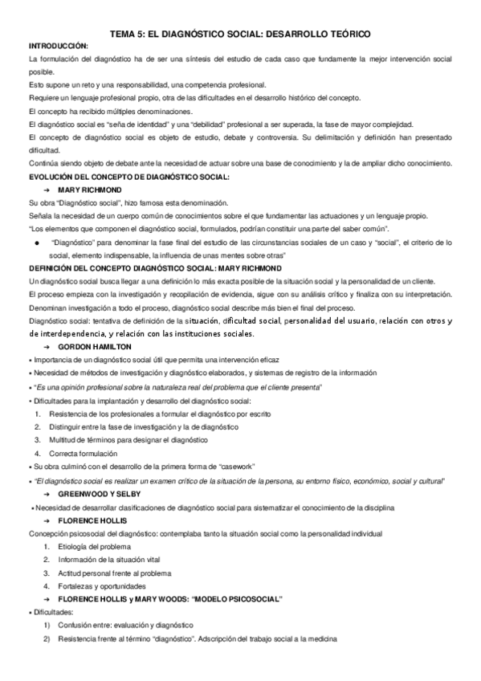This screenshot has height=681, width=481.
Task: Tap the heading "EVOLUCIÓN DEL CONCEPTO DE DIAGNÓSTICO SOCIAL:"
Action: pos(128,176)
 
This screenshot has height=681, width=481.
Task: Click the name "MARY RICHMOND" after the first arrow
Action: pos(89,189)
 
